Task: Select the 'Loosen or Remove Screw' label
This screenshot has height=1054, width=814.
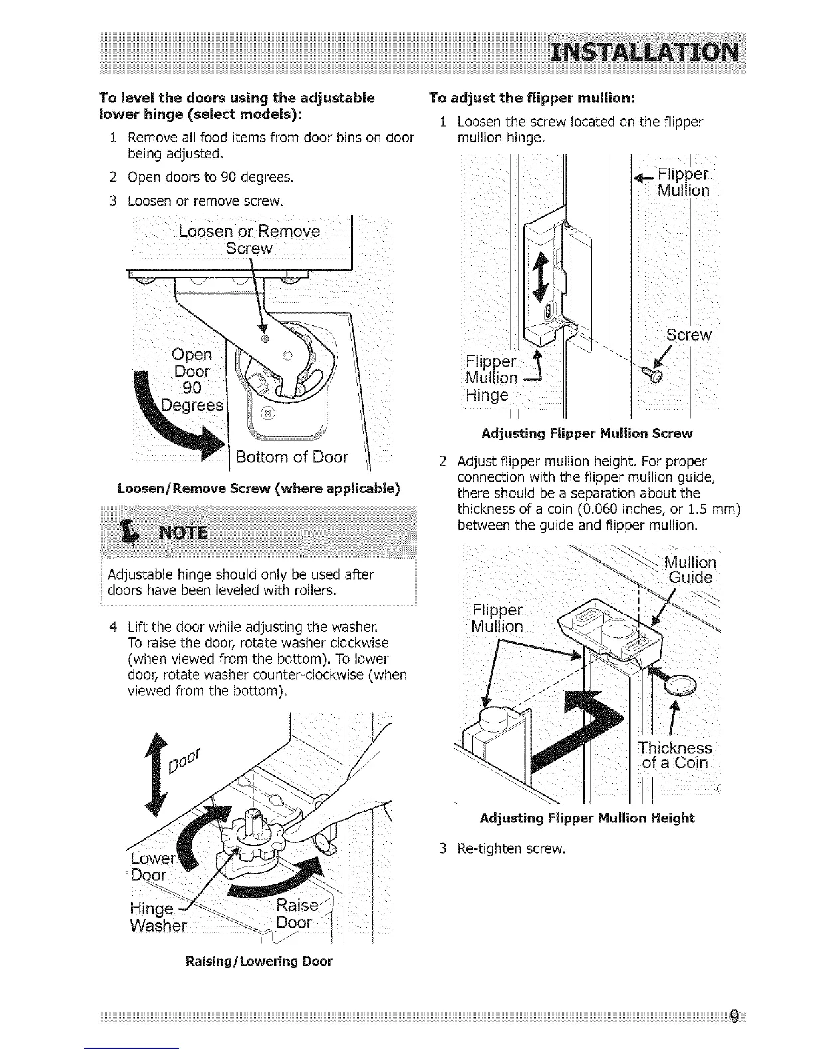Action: coord(249,240)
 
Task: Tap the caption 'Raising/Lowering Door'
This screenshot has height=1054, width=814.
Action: coord(259,961)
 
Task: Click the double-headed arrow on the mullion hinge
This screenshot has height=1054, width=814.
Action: coord(541,274)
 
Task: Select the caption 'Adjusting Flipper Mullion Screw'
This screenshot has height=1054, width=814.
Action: coord(587,433)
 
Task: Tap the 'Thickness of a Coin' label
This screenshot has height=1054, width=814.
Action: coord(674,755)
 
